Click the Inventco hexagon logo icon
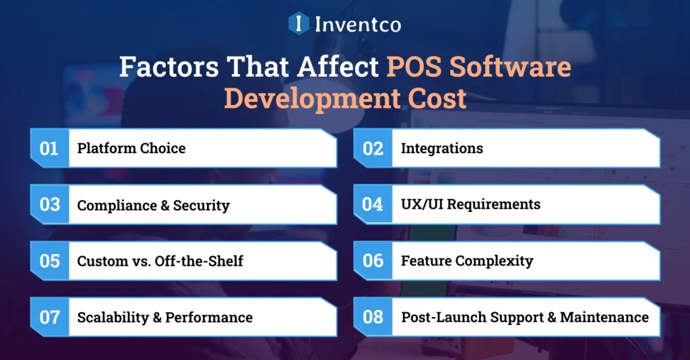click(x=299, y=24)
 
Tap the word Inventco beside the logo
click(x=357, y=24)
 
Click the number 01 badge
click(x=49, y=148)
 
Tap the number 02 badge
click(x=373, y=148)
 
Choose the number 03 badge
click(x=49, y=205)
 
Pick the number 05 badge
click(x=49, y=261)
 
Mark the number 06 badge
click(x=373, y=261)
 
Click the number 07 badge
click(x=49, y=317)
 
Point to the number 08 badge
click(x=373, y=317)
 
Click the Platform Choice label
click(x=131, y=148)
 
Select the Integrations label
click(x=441, y=148)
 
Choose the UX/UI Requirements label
click(x=470, y=204)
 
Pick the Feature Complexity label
click(x=467, y=261)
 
